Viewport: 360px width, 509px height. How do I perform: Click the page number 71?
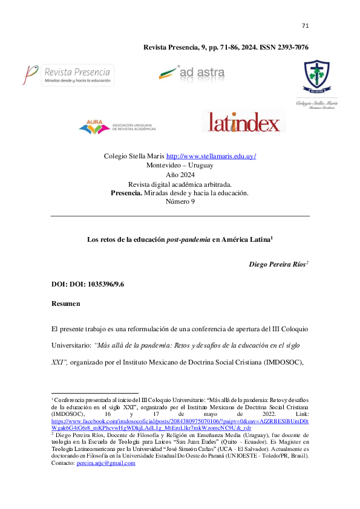pos(305,25)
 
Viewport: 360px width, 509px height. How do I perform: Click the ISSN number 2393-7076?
pos(289,47)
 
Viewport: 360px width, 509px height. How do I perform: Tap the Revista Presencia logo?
pos(68,76)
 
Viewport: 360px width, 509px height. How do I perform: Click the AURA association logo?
pos(117,126)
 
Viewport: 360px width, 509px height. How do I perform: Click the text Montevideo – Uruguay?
pos(180,165)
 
